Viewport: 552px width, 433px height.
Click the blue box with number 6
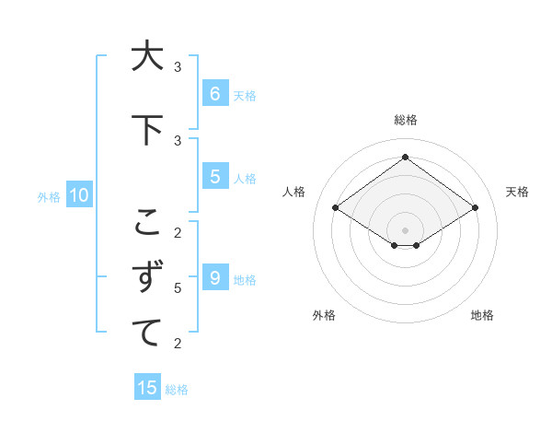[214, 93]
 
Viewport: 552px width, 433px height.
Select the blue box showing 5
[214, 177]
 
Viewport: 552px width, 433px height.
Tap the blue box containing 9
[214, 278]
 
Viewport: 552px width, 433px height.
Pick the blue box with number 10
[78, 195]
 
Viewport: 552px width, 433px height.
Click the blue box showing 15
[147, 388]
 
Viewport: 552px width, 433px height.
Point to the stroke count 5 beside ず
[178, 288]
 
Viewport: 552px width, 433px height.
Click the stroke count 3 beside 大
[178, 67]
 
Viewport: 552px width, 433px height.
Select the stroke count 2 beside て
[178, 344]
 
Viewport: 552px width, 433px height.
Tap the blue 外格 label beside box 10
[48, 196]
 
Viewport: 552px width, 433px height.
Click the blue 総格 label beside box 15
[177, 389]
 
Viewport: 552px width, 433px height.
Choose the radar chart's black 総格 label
[405, 120]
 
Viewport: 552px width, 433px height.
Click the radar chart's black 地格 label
[482, 315]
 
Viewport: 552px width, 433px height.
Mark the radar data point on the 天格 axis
[475, 208]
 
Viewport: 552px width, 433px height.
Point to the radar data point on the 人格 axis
[336, 208]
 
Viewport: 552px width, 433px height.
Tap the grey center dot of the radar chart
[405, 229]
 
